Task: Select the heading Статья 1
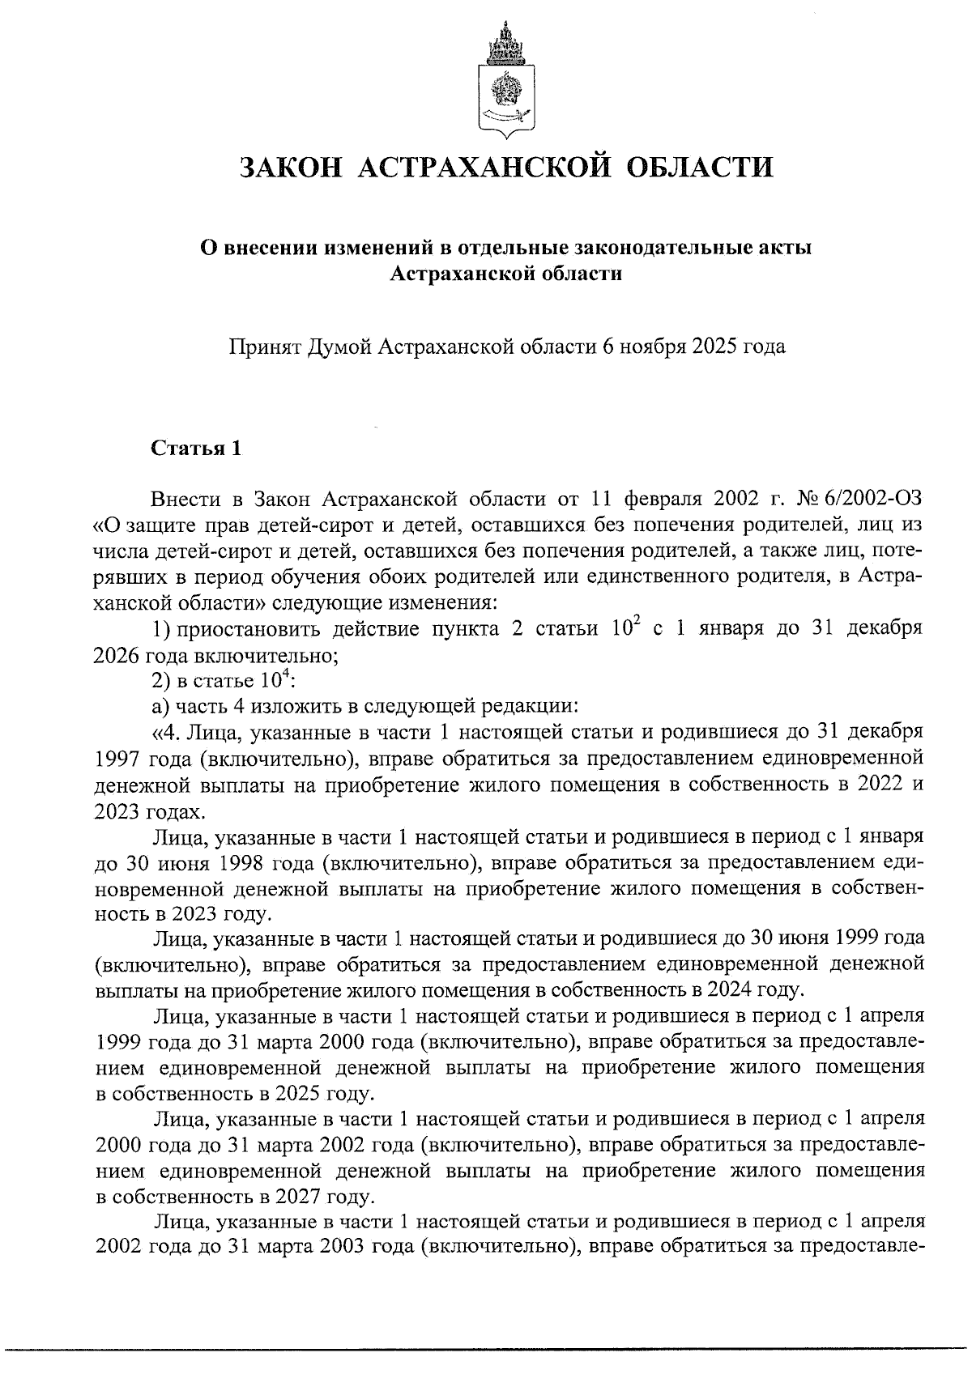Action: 196,449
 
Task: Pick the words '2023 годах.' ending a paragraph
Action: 147,810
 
